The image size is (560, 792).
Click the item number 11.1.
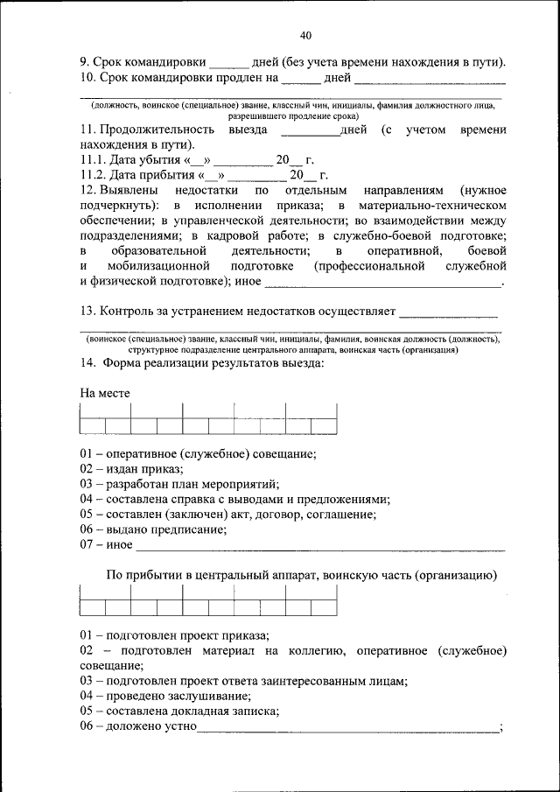point(93,161)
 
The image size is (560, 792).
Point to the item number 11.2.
point(93,176)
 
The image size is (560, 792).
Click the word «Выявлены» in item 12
point(130,190)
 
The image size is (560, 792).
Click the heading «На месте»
point(105,393)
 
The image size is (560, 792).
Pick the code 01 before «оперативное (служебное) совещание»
point(86,453)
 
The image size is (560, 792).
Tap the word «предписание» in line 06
point(184,529)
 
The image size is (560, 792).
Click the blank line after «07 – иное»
point(319,546)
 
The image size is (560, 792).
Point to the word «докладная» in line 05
point(194,711)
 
